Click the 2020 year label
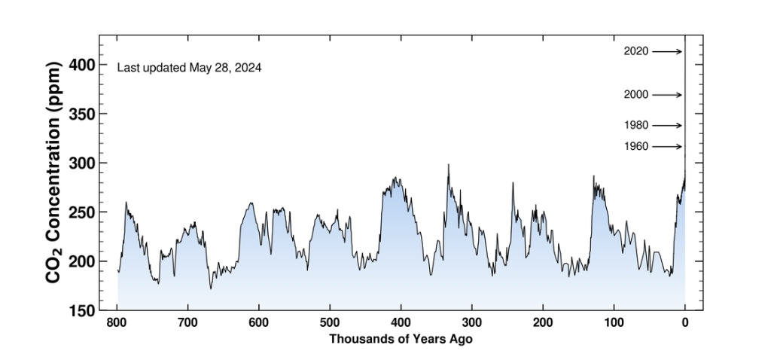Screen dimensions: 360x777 [636, 52]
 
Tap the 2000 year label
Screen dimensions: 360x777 [636, 95]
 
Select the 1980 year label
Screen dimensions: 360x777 [636, 125]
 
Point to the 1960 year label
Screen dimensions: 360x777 [636, 146]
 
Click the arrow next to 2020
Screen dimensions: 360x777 [667, 52]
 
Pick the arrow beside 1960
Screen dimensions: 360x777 [667, 146]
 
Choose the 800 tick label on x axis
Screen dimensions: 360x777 [117, 323]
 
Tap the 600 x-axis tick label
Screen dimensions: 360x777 [259, 323]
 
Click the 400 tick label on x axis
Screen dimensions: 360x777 [401, 323]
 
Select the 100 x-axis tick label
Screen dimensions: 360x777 [614, 323]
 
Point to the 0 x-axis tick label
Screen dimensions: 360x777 [685, 323]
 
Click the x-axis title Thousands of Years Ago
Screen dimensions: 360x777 [401, 340]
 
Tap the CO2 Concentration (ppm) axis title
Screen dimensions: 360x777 [53, 172]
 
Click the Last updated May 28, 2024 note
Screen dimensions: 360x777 [189, 68]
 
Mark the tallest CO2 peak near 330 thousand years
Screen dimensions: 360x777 [449, 165]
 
